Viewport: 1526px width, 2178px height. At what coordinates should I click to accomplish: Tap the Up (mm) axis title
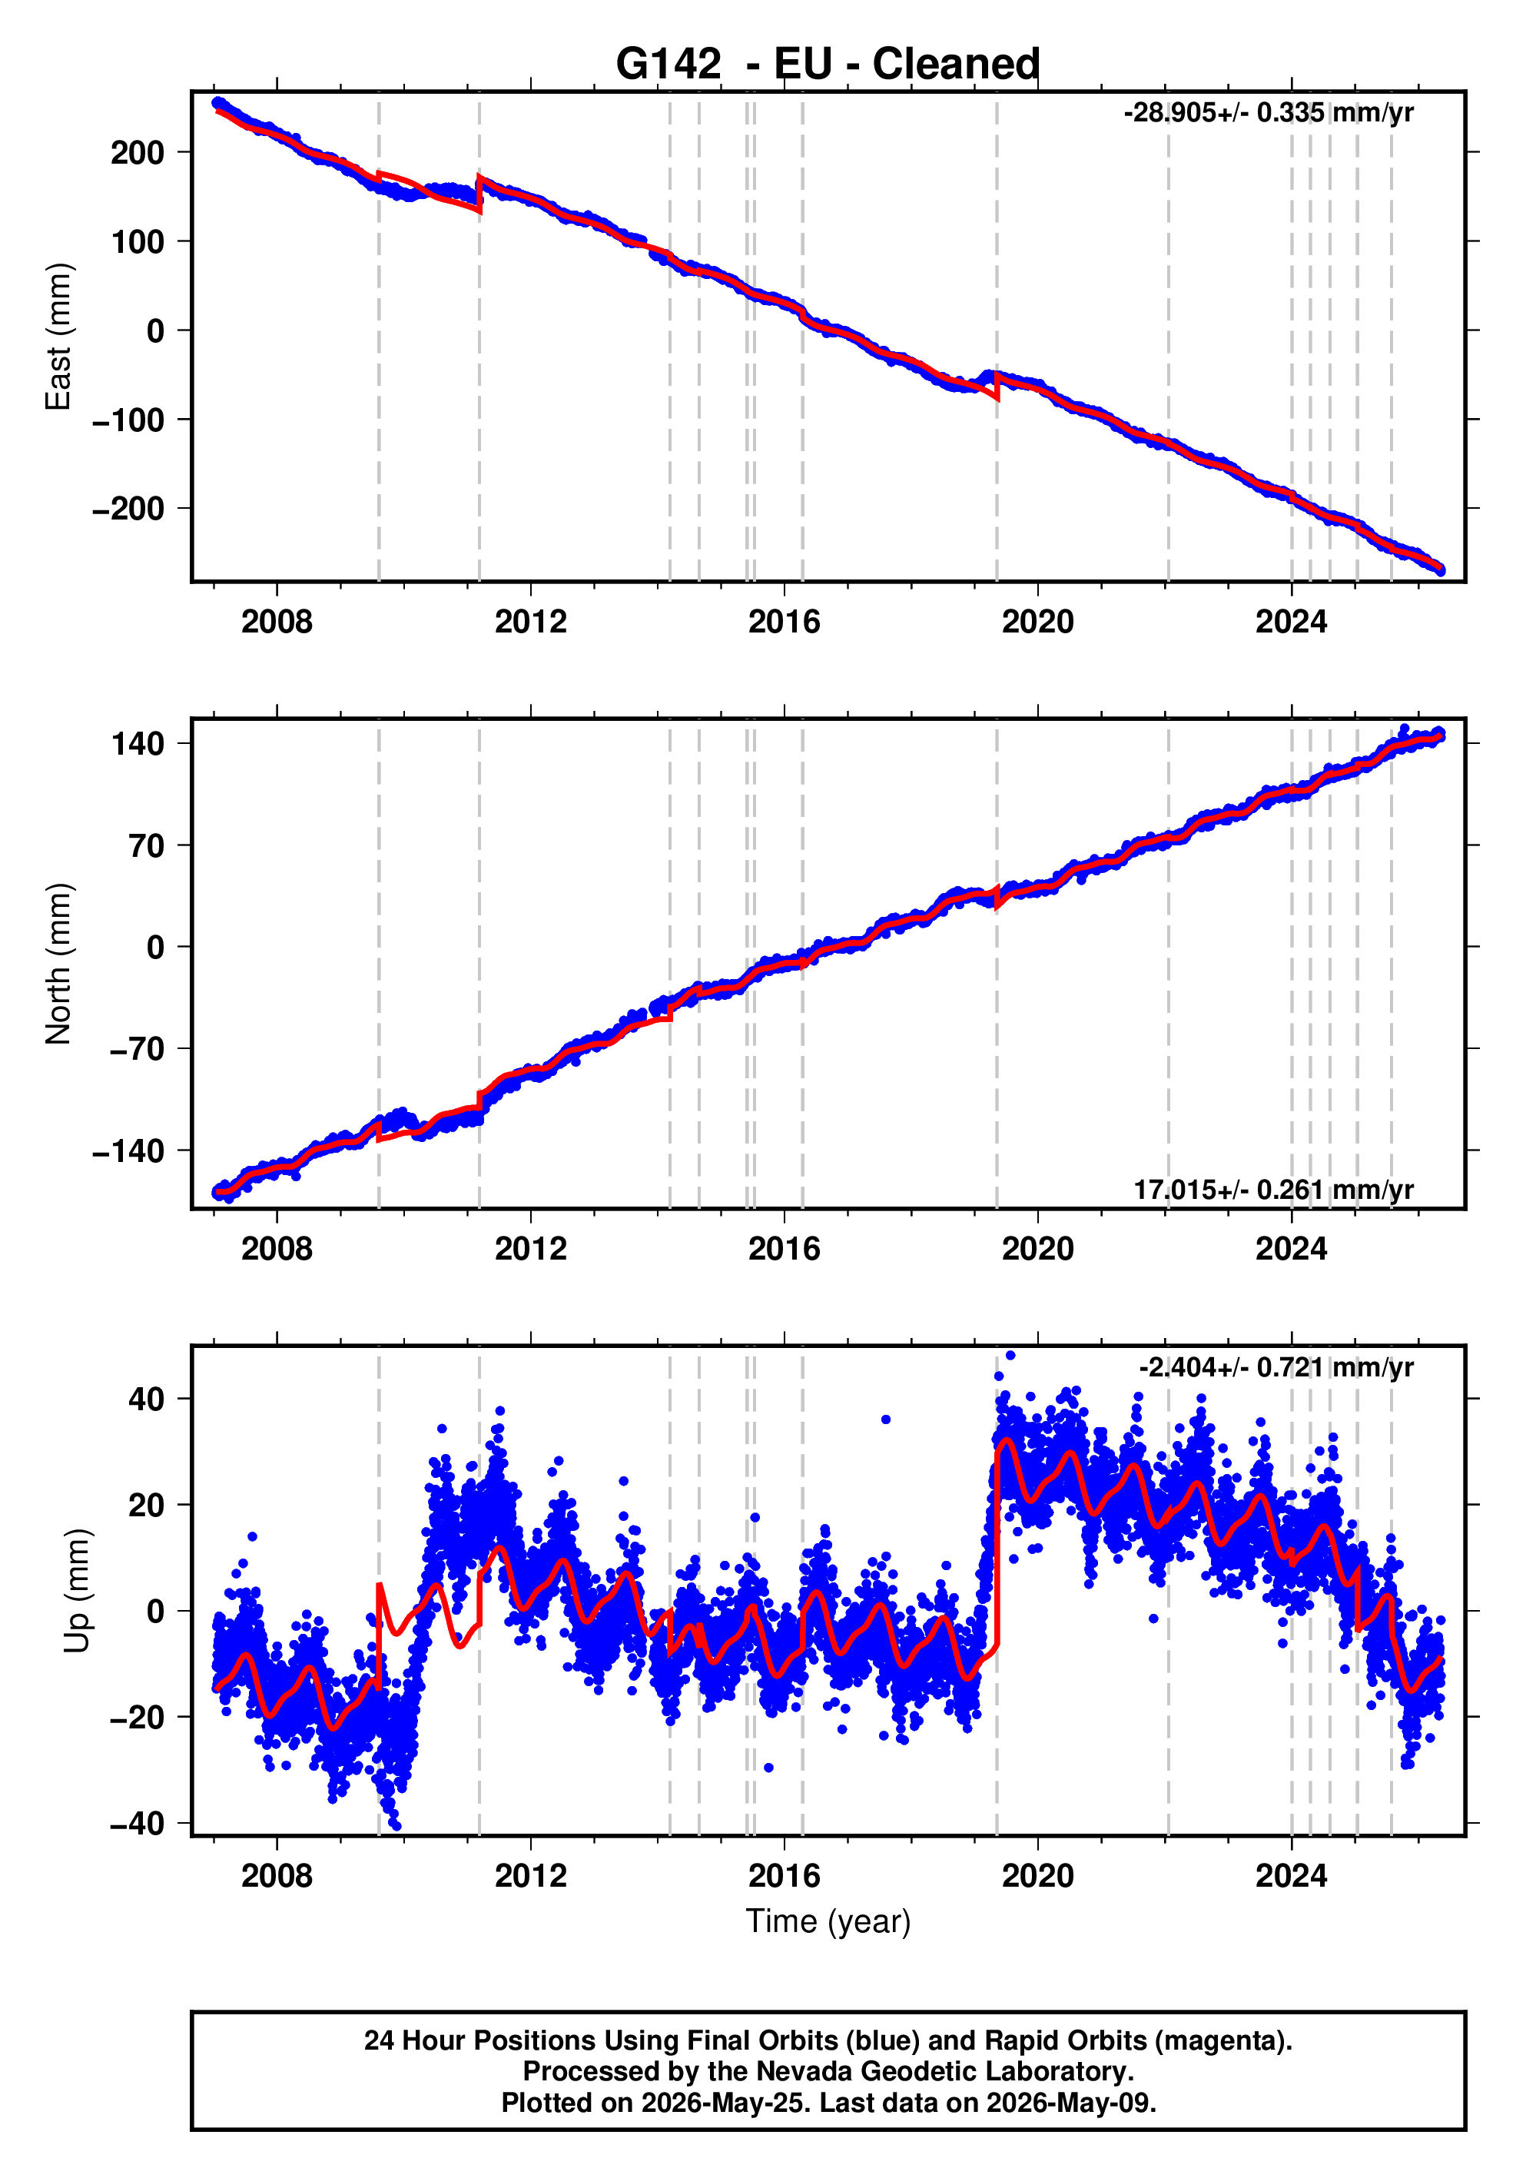[x=78, y=1591]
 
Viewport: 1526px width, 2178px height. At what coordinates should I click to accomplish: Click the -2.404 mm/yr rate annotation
[x=1276, y=1367]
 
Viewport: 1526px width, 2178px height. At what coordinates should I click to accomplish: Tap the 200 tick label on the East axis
[x=138, y=153]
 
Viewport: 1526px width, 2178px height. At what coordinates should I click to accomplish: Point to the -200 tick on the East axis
[x=128, y=510]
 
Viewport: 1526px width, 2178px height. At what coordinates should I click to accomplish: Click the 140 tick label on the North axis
[x=138, y=744]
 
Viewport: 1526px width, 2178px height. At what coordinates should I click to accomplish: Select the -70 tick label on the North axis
[x=137, y=1050]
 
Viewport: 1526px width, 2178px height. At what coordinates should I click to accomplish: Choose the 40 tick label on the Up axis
[x=146, y=1399]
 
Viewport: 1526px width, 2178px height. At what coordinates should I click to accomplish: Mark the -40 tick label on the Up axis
[x=137, y=1824]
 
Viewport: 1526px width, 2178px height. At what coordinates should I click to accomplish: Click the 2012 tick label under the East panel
[x=530, y=623]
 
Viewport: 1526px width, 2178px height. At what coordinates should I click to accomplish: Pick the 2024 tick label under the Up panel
[x=1291, y=1876]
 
